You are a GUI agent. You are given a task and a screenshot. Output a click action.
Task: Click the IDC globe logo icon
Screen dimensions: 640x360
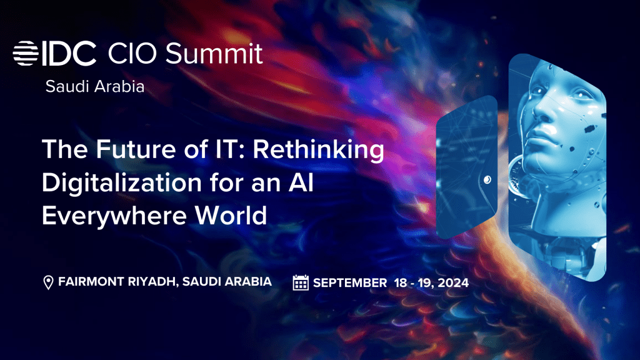point(25,53)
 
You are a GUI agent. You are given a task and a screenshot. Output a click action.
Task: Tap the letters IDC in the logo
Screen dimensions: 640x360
point(69,54)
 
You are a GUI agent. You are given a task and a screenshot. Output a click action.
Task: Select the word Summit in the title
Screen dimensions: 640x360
point(214,54)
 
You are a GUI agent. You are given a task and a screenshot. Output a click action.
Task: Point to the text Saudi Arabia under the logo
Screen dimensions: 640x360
point(95,86)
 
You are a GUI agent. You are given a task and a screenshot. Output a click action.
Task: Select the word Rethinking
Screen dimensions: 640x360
point(318,150)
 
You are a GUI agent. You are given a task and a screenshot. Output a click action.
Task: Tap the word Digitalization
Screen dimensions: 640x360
point(122,183)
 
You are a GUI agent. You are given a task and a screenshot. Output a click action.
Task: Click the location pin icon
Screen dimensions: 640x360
point(48,282)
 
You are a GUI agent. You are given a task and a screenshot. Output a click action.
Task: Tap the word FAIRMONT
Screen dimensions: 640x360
point(91,282)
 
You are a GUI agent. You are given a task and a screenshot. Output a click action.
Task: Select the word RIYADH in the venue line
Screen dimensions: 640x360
point(152,282)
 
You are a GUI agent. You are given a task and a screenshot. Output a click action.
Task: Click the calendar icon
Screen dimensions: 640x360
point(301,282)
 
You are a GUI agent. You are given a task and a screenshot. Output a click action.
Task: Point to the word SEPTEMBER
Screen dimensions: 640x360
point(350,283)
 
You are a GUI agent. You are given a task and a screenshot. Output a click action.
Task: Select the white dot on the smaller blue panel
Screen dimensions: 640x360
point(487,179)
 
